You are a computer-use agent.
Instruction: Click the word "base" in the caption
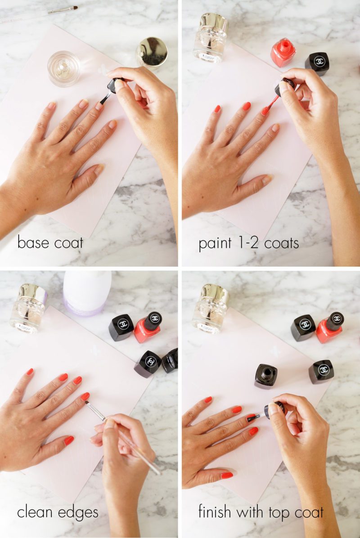[x=31, y=243]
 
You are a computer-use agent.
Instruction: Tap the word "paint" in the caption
[x=214, y=244]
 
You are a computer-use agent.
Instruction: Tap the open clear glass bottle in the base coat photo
[x=64, y=68]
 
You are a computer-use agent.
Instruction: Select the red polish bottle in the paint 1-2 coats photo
[x=283, y=53]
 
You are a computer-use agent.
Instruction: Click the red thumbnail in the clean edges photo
[x=68, y=441]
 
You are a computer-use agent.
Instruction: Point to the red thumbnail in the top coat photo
[x=227, y=475]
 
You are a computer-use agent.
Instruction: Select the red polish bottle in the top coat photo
[x=329, y=327]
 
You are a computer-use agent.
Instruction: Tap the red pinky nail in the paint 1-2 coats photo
[x=217, y=109]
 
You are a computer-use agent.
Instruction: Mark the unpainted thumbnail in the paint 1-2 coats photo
[x=267, y=179]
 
